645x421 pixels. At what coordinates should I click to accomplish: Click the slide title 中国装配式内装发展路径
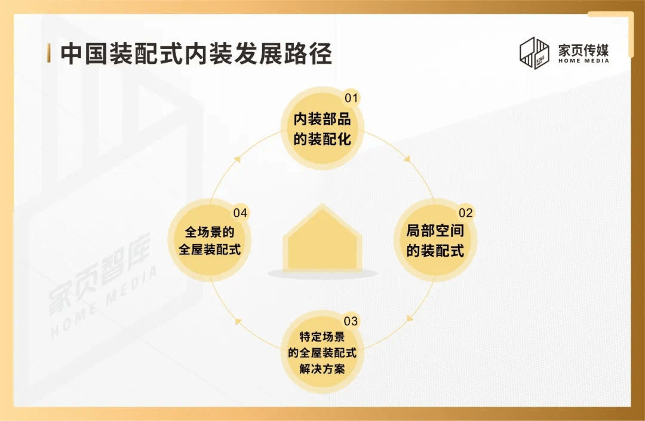pyautogui.click(x=196, y=54)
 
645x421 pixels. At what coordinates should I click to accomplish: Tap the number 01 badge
pyautogui.click(x=351, y=98)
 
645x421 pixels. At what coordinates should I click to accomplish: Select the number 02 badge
pyautogui.click(x=466, y=213)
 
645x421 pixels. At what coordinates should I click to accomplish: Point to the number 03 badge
pyautogui.click(x=351, y=321)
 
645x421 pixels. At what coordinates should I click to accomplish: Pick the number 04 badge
pyautogui.click(x=240, y=213)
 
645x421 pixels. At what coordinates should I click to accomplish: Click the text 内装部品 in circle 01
pyautogui.click(x=322, y=119)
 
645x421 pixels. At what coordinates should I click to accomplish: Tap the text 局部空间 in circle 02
pyautogui.click(x=435, y=231)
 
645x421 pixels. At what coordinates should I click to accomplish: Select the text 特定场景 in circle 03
pyautogui.click(x=322, y=337)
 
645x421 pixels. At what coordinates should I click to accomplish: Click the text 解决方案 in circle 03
pyautogui.click(x=322, y=369)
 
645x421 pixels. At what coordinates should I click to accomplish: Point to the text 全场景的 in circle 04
pyautogui.click(x=210, y=232)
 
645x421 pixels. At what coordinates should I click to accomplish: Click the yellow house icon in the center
pyautogui.click(x=322, y=238)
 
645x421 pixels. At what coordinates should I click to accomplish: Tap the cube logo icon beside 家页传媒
pyautogui.click(x=535, y=53)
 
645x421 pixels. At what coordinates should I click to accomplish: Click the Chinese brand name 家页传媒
pyautogui.click(x=583, y=50)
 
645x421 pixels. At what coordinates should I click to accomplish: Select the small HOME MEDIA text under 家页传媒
pyautogui.click(x=583, y=61)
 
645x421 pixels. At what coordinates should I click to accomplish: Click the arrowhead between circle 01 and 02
pyautogui.click(x=407, y=158)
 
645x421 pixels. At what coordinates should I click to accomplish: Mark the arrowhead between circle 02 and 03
pyautogui.click(x=409, y=319)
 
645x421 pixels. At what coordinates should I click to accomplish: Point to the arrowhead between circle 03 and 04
pyautogui.click(x=238, y=321)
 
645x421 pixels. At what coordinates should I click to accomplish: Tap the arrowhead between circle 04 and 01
pyautogui.click(x=236, y=159)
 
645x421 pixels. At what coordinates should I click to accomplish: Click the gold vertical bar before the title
pyautogui.click(x=49, y=54)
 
